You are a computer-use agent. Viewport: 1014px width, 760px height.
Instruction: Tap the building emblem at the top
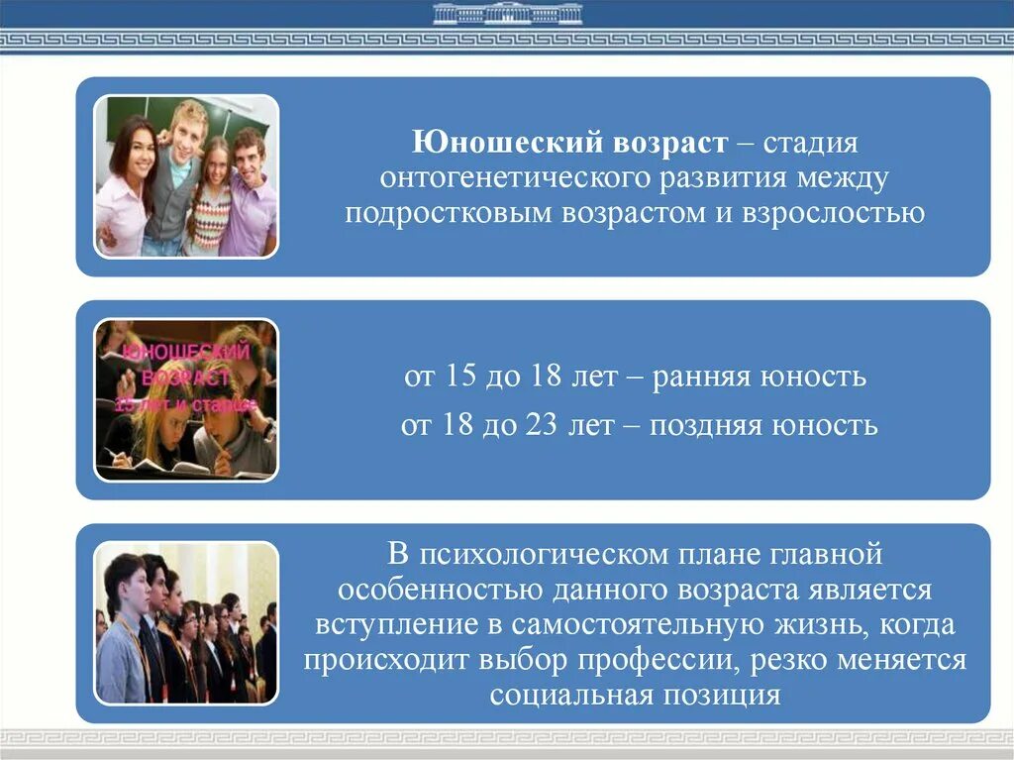pos(507,14)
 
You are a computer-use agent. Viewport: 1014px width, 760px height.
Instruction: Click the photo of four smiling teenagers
pos(186,175)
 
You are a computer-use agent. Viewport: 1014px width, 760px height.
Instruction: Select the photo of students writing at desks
pos(186,400)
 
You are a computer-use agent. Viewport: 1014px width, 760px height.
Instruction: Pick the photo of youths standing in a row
pos(186,622)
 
